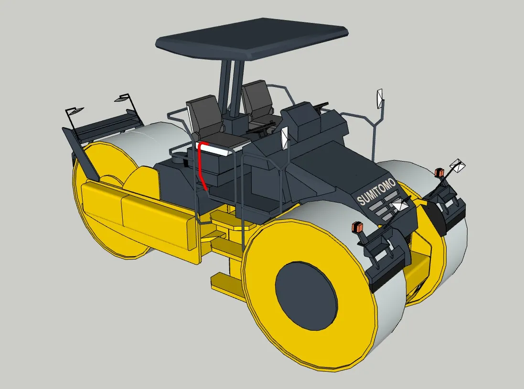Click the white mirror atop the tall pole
point(380,97)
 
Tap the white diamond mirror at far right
point(457,165)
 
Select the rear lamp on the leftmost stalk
point(75,111)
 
